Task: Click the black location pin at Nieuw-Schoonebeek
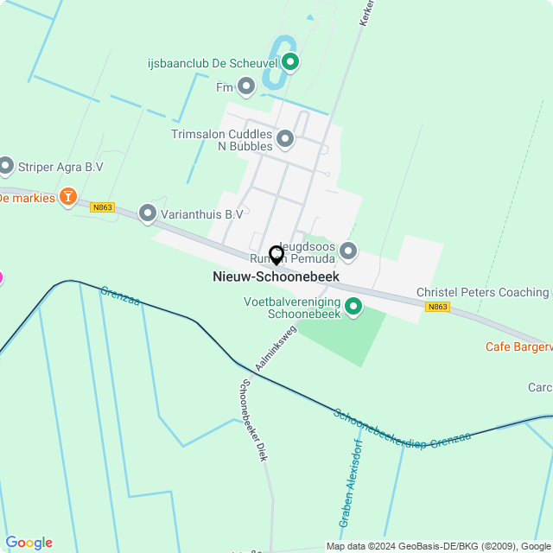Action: [276, 255]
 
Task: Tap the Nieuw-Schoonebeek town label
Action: [276, 276]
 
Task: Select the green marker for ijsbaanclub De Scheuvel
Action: [290, 61]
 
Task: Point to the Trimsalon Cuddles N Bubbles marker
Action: [285, 138]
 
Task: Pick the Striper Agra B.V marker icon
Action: [6, 165]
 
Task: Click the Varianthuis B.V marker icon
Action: [148, 213]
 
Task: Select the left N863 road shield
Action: [102, 207]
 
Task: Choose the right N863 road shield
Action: [437, 307]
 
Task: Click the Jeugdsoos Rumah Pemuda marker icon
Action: [348, 251]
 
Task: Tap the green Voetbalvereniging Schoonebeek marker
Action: [353, 307]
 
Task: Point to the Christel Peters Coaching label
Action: [483, 293]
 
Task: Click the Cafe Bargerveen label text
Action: [518, 347]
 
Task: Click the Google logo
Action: [28, 542]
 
